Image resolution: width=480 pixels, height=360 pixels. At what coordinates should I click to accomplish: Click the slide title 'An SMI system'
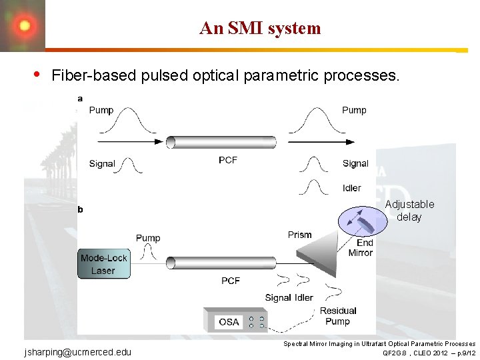260,28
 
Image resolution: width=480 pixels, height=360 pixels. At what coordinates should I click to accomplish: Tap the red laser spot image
23,25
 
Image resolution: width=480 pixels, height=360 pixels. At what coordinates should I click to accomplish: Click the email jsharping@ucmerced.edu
78,351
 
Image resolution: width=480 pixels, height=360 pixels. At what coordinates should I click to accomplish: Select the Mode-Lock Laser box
103,264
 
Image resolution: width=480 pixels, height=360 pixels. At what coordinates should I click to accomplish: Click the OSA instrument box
229,321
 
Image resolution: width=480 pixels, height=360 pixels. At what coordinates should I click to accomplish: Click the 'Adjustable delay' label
409,211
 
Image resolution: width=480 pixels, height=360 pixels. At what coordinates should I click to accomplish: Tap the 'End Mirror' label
361,247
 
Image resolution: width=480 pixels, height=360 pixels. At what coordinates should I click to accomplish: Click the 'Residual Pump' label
338,316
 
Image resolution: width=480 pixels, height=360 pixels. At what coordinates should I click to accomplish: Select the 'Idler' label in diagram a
351,189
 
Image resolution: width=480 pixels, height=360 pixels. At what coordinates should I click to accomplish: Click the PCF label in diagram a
228,160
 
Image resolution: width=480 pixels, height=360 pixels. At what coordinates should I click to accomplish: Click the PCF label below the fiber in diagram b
231,281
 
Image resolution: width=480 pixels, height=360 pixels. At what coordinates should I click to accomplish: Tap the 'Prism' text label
300,235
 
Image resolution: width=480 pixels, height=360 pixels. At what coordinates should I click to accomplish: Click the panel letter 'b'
81,209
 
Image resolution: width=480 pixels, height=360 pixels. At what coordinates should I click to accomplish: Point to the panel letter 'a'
80,99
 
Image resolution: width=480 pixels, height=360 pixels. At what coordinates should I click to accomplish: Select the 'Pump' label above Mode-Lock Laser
148,237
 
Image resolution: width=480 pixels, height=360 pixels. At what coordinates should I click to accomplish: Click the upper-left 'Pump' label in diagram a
101,110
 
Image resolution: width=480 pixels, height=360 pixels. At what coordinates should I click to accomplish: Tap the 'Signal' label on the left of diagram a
102,163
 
